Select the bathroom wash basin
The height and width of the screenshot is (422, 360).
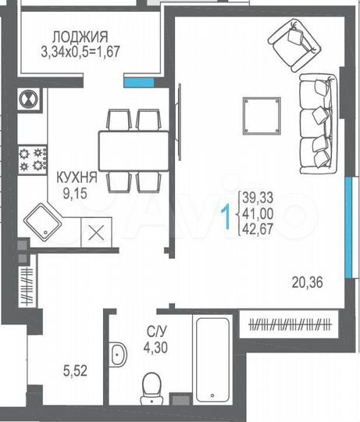tap(119, 353)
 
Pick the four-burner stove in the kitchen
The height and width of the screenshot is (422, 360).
tap(34, 159)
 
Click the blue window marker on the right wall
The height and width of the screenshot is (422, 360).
tap(347, 202)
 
